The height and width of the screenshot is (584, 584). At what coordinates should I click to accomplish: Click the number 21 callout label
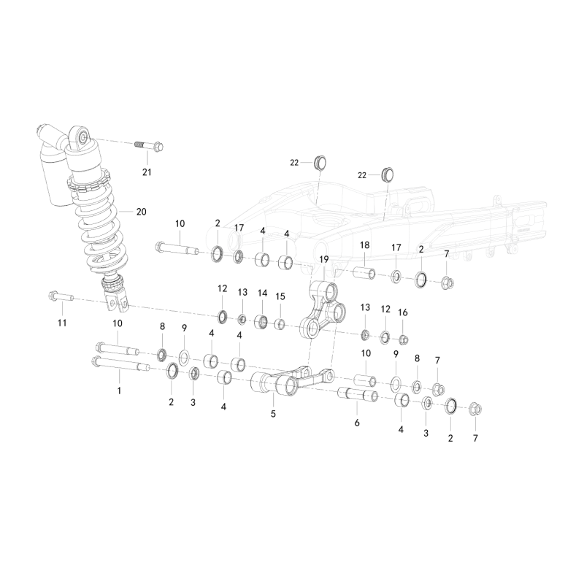147,172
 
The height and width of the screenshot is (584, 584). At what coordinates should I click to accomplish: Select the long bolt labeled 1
120,364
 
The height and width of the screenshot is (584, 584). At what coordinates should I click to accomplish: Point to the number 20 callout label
141,212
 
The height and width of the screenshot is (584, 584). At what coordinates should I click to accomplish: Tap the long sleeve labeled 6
358,395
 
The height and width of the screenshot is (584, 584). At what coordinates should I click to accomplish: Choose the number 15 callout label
280,296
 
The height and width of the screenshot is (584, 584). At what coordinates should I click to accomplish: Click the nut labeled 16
404,339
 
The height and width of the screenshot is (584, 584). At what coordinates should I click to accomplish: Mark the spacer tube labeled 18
364,274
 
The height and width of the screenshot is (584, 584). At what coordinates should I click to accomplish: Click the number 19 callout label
324,259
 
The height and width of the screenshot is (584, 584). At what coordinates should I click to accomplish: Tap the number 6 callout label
357,423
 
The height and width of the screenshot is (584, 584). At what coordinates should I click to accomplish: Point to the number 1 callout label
119,391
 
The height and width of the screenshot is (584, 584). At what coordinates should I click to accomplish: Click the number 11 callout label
62,323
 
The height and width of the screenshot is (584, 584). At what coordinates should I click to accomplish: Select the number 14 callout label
263,293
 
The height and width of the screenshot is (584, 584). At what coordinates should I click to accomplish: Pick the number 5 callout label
273,414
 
